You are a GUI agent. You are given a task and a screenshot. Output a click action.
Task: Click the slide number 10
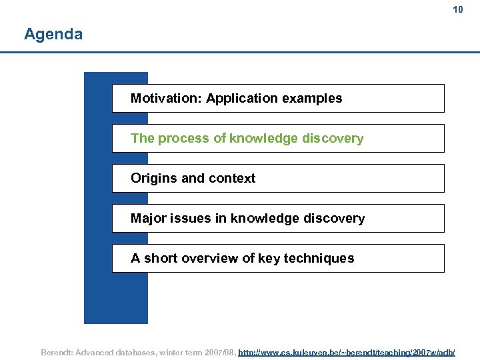point(457,9)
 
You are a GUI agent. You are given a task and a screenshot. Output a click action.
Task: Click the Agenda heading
point(53,34)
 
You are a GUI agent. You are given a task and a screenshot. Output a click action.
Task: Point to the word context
point(233,179)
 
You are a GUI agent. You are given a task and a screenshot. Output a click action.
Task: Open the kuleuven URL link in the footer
point(347,351)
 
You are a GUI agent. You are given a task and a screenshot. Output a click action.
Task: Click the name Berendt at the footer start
point(58,351)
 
